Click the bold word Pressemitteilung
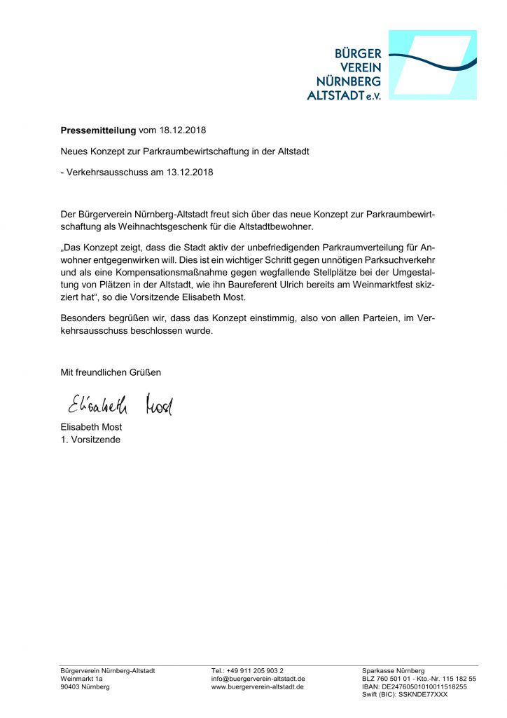99,130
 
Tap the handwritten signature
120,405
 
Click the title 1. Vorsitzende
90,440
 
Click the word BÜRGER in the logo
358,54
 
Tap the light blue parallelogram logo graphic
433,65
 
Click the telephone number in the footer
247,671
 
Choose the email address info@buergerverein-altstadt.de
258,679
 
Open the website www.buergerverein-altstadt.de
257,687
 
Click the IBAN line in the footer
414,687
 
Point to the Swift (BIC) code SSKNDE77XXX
405,695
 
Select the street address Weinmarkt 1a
82,679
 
